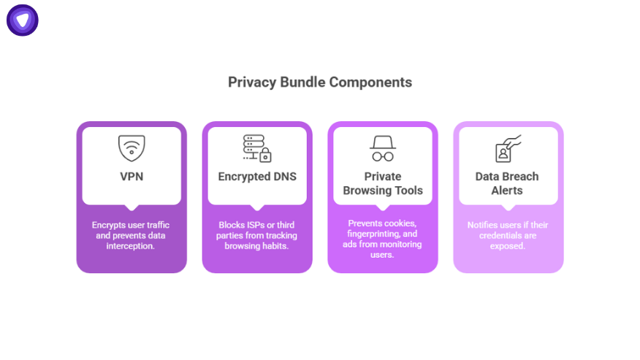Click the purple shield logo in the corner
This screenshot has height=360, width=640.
coord(23,20)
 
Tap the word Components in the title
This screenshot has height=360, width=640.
coord(370,82)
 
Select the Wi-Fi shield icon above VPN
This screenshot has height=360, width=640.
coord(132,148)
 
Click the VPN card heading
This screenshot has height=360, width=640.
coord(132,176)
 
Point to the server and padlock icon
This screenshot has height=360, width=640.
coord(257,148)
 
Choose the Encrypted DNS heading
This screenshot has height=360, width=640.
coord(257,176)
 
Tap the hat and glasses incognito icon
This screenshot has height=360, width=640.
coord(383,148)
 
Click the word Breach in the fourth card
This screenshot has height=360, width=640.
coord(522,176)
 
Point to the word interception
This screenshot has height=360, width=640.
coord(132,245)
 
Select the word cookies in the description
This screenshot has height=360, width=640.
coord(400,223)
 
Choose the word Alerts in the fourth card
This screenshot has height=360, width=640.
coord(508,191)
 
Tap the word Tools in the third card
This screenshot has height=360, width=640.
coord(409,191)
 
